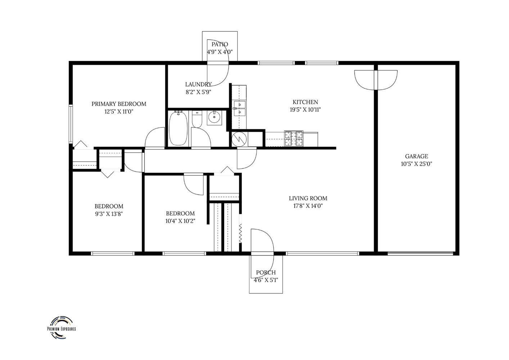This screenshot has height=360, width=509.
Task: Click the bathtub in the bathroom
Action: (179, 128)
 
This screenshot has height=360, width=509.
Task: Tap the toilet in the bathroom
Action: (197, 119)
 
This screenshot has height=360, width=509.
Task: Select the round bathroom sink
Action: (214, 118)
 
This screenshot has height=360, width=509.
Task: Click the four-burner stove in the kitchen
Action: (294, 138)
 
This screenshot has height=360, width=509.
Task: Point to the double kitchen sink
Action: (240, 109)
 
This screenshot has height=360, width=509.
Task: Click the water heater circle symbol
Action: (239, 139)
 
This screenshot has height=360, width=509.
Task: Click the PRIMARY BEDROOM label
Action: (119, 104)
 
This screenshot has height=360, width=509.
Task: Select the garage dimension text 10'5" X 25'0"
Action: (416, 164)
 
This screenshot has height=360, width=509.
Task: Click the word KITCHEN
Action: (305, 102)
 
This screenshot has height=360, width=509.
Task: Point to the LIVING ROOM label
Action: (308, 198)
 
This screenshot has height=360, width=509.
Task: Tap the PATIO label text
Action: (220, 44)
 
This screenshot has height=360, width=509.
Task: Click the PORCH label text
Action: (266, 273)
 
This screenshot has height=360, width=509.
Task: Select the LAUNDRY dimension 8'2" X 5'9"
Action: (198, 92)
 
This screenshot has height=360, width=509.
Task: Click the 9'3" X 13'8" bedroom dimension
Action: (109, 214)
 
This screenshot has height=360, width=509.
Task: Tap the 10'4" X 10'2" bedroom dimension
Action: (180, 221)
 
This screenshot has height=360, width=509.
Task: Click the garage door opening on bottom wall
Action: (420, 253)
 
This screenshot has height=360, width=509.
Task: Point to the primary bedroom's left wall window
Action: (71, 124)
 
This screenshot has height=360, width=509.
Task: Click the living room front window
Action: (322, 253)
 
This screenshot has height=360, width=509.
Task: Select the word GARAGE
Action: (416, 156)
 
